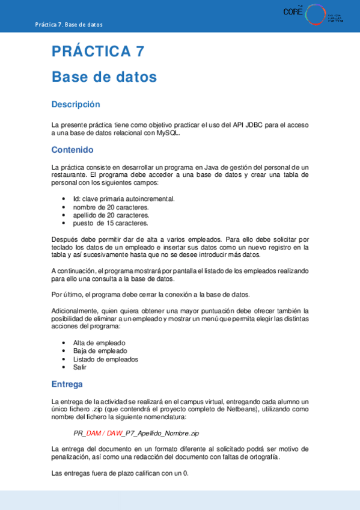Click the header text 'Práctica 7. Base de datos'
click(x=69, y=25)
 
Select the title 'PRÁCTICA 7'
click(x=98, y=52)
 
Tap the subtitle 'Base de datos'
click(x=104, y=77)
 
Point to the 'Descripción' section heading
click(x=76, y=105)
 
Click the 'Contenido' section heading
click(x=72, y=150)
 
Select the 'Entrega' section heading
click(x=67, y=384)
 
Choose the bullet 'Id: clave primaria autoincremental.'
click(x=124, y=198)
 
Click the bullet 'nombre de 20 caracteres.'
click(x=111, y=207)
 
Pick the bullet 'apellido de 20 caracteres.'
click(x=111, y=215)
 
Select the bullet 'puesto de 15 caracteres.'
click(x=110, y=223)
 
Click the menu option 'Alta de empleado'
click(x=99, y=343)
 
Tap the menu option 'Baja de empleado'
click(x=100, y=351)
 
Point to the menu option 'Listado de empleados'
click(x=106, y=359)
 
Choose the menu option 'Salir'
click(x=80, y=367)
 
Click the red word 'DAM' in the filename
click(x=94, y=432)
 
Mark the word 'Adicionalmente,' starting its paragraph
click(x=73, y=310)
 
